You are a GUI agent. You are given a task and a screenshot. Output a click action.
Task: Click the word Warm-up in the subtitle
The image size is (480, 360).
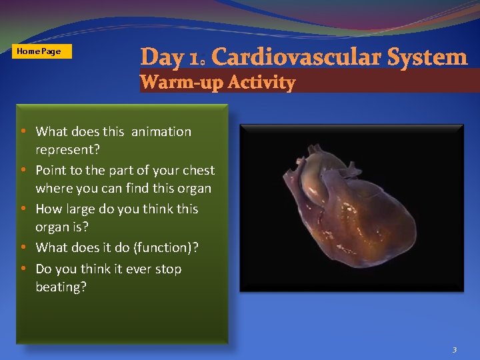pyautogui.click(x=181, y=83)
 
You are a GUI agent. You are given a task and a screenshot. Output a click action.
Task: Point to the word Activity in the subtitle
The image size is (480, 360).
pyautogui.click(x=261, y=83)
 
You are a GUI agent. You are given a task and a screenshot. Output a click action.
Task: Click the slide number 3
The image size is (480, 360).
pyautogui.click(x=454, y=349)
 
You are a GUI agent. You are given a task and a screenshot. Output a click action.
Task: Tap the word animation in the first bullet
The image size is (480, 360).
pyautogui.click(x=161, y=131)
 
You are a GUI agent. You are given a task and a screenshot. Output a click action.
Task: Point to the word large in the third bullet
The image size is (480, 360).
pyautogui.click(x=81, y=209)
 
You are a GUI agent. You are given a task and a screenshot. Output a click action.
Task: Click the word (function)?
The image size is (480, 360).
pyautogui.click(x=166, y=247)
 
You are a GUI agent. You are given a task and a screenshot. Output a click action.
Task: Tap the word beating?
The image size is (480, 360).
pyautogui.click(x=61, y=287)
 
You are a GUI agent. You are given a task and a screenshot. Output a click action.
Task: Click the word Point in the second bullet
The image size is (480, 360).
pyautogui.click(x=51, y=170)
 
